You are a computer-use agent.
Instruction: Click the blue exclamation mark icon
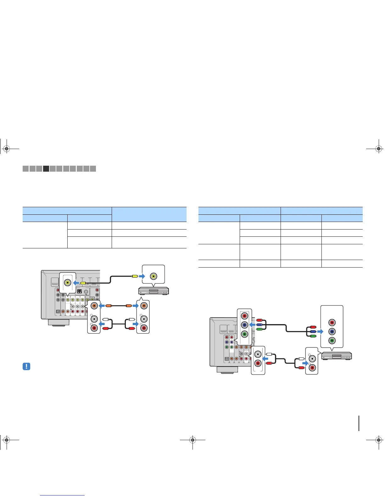coord(26,366)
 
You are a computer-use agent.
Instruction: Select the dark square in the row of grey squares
coord(46,169)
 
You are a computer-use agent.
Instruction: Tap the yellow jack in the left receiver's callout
coord(68,283)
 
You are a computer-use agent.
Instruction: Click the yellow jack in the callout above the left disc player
coord(153,276)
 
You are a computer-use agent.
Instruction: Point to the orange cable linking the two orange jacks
coord(118,305)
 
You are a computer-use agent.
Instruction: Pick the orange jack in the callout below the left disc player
coord(143,305)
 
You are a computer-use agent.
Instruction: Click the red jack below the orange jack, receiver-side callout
coord(94,328)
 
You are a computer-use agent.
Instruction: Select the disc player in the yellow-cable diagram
coord(154,291)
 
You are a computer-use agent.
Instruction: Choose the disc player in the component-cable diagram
coord(336,356)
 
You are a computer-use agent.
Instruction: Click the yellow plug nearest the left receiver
coord(83,283)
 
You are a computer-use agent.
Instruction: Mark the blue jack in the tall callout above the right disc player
coord(332,331)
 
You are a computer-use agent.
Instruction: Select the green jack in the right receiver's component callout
coord(244,334)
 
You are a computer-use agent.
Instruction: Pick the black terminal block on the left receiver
coord(80,291)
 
